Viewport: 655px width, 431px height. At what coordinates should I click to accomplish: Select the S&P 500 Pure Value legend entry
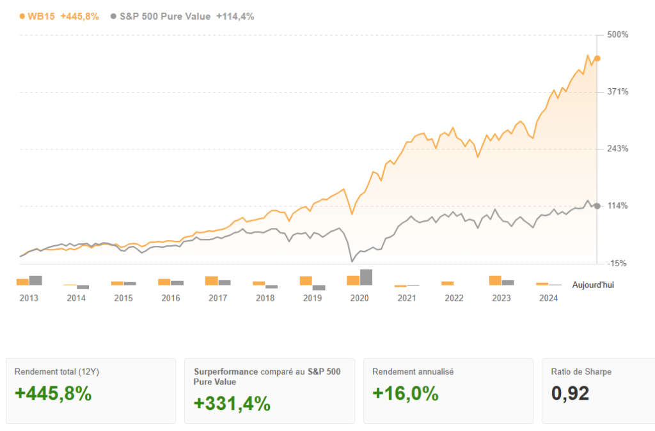click(x=165, y=17)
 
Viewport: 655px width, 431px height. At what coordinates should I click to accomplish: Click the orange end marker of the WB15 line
click(x=597, y=59)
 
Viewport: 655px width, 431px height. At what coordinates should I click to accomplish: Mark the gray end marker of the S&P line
click(x=597, y=206)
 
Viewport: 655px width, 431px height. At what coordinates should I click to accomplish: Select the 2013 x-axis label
click(x=29, y=298)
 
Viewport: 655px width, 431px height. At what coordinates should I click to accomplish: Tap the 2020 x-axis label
click(x=359, y=298)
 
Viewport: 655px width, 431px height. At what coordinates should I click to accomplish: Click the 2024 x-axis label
click(x=548, y=298)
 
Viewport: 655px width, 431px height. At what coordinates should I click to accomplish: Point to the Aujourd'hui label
click(x=593, y=285)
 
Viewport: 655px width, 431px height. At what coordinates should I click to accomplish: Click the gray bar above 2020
click(x=367, y=277)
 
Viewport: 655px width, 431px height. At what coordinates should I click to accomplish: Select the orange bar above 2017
click(x=211, y=280)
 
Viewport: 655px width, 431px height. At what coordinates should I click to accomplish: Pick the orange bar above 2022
click(x=448, y=283)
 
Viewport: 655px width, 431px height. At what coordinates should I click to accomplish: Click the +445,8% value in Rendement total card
click(x=53, y=394)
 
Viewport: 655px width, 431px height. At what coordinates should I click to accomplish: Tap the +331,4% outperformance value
click(x=232, y=404)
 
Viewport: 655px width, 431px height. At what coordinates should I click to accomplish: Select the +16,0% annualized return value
click(x=406, y=394)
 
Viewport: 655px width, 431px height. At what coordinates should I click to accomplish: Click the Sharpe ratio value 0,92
click(x=570, y=394)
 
